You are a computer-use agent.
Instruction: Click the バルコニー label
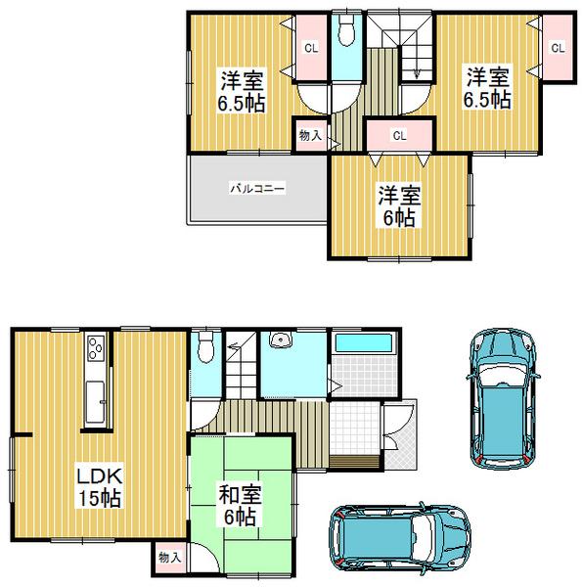click(257, 186)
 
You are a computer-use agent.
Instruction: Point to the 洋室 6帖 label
click(397, 204)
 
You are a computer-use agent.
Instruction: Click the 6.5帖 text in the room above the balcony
click(240, 102)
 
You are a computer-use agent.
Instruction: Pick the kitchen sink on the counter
click(95, 404)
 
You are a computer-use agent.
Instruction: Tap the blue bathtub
click(364, 346)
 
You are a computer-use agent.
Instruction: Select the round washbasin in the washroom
click(281, 341)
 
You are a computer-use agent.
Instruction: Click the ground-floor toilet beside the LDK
click(204, 347)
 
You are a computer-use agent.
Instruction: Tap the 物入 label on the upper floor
click(309, 136)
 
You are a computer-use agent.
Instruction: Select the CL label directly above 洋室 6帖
click(399, 135)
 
